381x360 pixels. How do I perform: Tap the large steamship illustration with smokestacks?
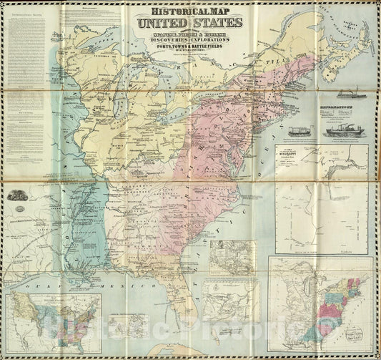pos(346,127)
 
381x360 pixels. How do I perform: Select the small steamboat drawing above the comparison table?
pos(341,92)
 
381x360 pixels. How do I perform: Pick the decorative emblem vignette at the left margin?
pos(17,194)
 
